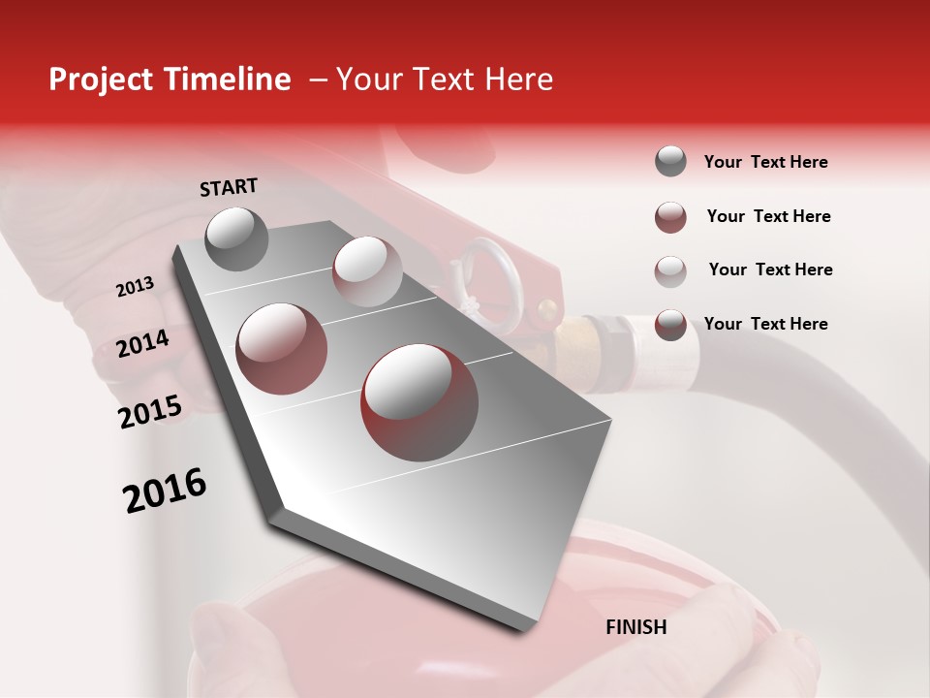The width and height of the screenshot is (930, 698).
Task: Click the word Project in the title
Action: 101,79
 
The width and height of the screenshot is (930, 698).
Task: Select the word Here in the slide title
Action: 518,79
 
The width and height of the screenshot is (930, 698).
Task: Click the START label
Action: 229,187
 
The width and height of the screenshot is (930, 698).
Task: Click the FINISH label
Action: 636,627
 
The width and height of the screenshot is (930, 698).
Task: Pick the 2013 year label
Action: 135,287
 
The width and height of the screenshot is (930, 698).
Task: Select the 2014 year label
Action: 142,343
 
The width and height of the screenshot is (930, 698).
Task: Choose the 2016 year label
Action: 165,491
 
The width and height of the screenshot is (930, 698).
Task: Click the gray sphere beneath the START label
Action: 237,238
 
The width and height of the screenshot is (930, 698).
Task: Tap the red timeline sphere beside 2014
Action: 282,348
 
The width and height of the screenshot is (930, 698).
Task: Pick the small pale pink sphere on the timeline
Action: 366,270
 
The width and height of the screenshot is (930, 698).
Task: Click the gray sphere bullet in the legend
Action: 670,162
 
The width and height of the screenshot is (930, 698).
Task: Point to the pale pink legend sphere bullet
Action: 670,270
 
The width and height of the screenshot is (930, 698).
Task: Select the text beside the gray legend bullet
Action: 765,162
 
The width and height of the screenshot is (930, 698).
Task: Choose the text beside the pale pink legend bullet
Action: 770,270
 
